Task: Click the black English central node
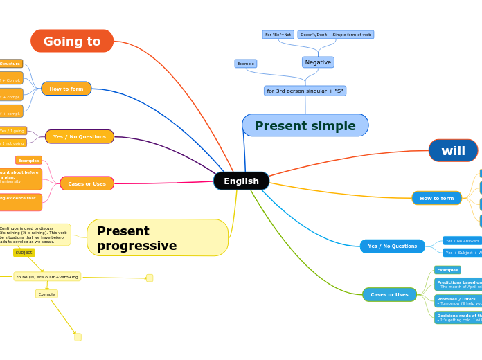click(241, 181)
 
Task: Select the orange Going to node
click(72, 41)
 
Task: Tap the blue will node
click(453, 150)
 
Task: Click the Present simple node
click(305, 125)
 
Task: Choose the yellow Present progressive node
click(157, 238)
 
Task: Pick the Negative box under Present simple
click(318, 62)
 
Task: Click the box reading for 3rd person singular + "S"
click(305, 91)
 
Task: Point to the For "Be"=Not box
click(278, 35)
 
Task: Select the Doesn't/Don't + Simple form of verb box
click(335, 35)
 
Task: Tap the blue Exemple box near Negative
click(246, 64)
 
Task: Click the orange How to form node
click(66, 89)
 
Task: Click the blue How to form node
click(436, 198)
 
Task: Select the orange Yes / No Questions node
click(80, 136)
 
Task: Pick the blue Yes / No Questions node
click(392, 246)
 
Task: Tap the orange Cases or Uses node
click(87, 183)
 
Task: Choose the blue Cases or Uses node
click(389, 294)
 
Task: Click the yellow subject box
click(24, 253)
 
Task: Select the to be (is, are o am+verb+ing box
click(47, 276)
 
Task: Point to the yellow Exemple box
click(46, 294)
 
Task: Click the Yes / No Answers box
click(462, 241)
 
